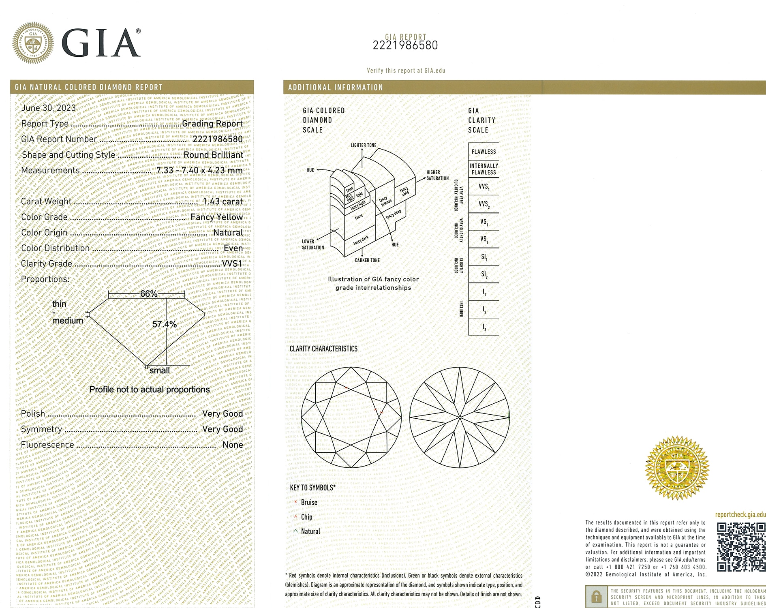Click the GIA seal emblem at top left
tap(33, 43)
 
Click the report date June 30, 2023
tap(48, 108)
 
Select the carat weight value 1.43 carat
tap(223, 201)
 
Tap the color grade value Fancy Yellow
tap(216, 217)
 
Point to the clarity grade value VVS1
tap(232, 263)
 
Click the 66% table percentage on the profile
tap(148, 294)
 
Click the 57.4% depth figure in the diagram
tap(164, 324)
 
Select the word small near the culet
tap(160, 370)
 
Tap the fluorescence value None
tap(233, 445)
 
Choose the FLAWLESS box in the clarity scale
tap(484, 152)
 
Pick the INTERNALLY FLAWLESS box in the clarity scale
tap(484, 169)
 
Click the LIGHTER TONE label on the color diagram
tap(364, 145)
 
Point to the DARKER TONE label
tap(367, 260)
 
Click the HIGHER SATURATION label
tap(437, 175)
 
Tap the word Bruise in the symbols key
tap(309, 503)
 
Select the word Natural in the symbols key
tap(310, 531)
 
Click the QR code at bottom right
tap(741, 547)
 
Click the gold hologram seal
tap(677, 468)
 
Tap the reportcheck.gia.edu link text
tap(740, 515)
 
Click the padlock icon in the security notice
tap(596, 596)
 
